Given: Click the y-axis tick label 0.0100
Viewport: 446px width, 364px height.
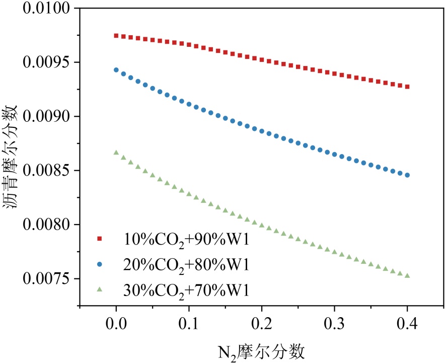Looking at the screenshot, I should (47, 9).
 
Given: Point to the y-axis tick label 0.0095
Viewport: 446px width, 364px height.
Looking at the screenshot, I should (47, 63).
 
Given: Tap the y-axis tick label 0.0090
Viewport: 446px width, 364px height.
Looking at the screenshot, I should (47, 117).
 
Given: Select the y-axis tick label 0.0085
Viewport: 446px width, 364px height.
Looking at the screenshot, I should (47, 171).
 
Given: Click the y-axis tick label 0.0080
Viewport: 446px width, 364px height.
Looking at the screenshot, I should (47, 225).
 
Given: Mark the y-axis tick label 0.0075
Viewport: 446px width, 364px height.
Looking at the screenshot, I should (47, 278).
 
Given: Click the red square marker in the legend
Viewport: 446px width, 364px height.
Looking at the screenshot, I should (100, 238).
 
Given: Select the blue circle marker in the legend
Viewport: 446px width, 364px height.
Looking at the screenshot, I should (100, 263).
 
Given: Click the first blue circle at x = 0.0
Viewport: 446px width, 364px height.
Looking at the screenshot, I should (116, 70).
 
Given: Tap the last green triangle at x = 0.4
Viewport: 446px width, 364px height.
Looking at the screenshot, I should (407, 275).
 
